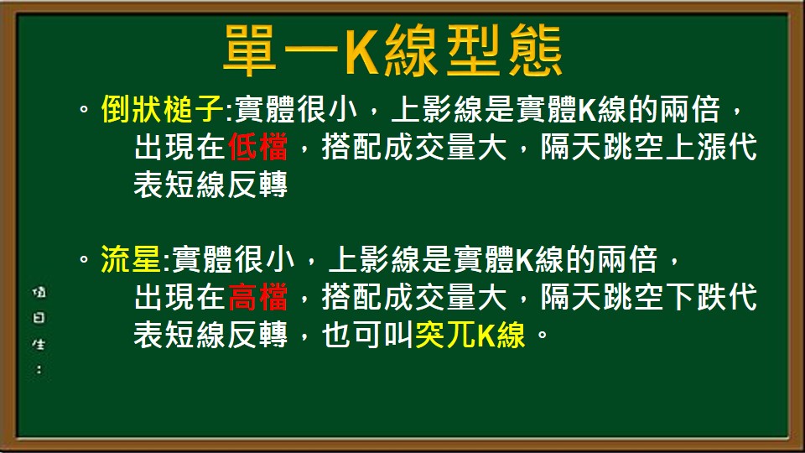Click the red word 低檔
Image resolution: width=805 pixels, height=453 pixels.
click(258, 148)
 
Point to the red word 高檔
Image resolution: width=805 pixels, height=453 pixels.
click(258, 297)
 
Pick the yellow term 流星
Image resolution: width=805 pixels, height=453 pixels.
click(131, 260)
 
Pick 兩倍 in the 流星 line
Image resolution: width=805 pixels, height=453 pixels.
click(626, 260)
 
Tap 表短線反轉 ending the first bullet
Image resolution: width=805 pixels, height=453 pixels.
click(210, 185)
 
